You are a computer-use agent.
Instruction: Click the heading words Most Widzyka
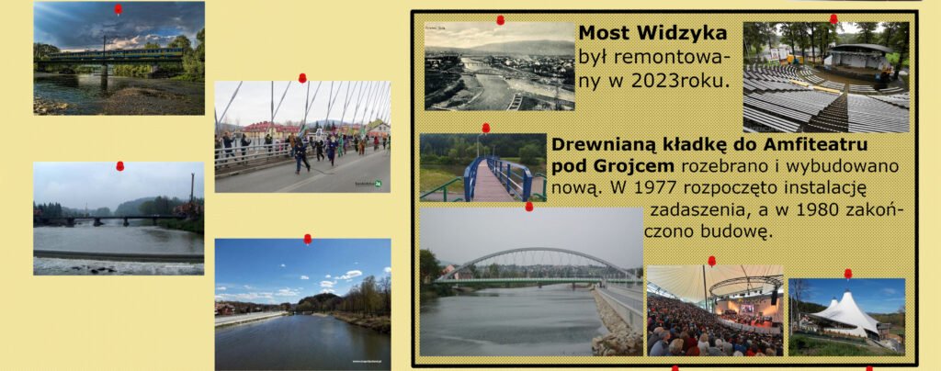[x=653, y=34]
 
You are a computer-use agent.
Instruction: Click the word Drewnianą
[x=601, y=146]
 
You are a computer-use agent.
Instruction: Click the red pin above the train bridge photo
[x=119, y=9]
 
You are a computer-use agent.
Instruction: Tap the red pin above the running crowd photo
[x=302, y=78]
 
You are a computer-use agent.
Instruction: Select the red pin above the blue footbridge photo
[x=486, y=129]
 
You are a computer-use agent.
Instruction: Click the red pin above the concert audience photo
[x=712, y=262]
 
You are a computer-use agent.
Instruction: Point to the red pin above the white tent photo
[x=848, y=274]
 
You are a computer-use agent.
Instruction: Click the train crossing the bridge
[x=114, y=53]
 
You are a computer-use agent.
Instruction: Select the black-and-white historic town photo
[x=499, y=66]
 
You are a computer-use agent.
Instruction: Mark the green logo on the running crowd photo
[x=378, y=184]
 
